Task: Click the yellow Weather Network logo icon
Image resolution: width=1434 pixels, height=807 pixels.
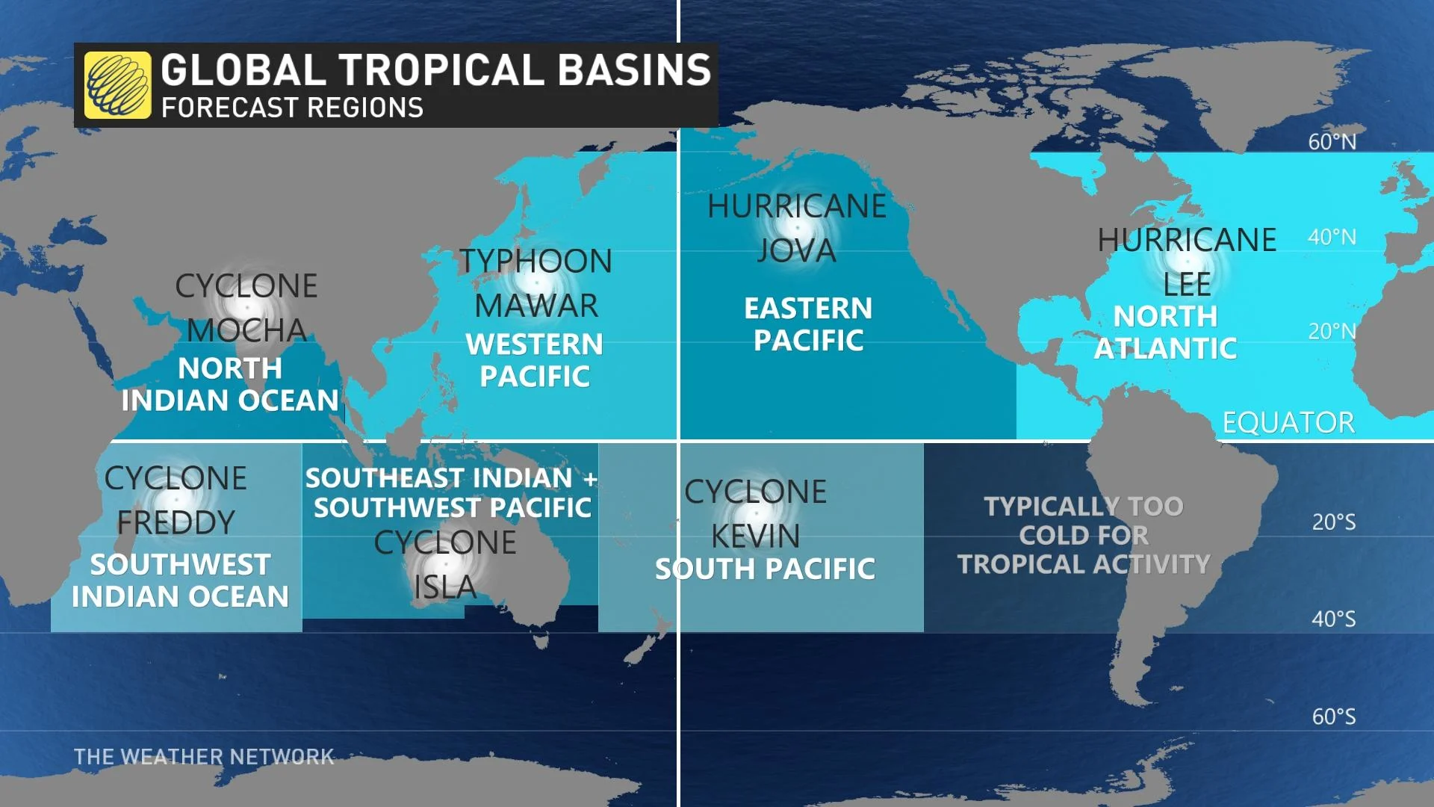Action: click(117, 85)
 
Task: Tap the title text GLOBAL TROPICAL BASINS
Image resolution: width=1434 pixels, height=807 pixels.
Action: click(435, 70)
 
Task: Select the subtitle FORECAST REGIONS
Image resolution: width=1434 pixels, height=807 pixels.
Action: click(292, 108)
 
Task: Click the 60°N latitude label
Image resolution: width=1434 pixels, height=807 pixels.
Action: click(1332, 142)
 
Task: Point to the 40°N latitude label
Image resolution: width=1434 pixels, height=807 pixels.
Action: click(1332, 238)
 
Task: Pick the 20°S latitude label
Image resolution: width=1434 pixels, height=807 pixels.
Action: click(1333, 522)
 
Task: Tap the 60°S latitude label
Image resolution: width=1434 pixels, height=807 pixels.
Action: click(1333, 717)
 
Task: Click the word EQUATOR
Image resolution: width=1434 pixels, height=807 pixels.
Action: click(1288, 423)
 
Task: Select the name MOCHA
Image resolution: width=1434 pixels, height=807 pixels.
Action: click(246, 330)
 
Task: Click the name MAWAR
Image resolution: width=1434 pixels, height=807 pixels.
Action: click(536, 306)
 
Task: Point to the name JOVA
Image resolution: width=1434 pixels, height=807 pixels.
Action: click(796, 251)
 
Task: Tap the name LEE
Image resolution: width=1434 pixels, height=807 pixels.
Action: click(1187, 285)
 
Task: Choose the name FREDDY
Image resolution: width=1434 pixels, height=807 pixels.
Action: click(176, 522)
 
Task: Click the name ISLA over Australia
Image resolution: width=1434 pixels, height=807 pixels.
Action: click(445, 587)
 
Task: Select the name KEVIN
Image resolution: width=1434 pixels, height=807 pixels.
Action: click(755, 536)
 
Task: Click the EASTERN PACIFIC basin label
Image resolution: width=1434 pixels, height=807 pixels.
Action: click(808, 324)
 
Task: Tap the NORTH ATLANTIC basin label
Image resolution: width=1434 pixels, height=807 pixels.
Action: click(1165, 333)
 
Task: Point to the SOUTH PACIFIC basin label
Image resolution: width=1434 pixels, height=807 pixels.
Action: click(765, 569)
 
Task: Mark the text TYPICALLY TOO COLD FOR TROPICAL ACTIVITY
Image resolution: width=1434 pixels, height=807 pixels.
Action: click(1083, 535)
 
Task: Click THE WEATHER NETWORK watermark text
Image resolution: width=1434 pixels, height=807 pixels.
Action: click(204, 757)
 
